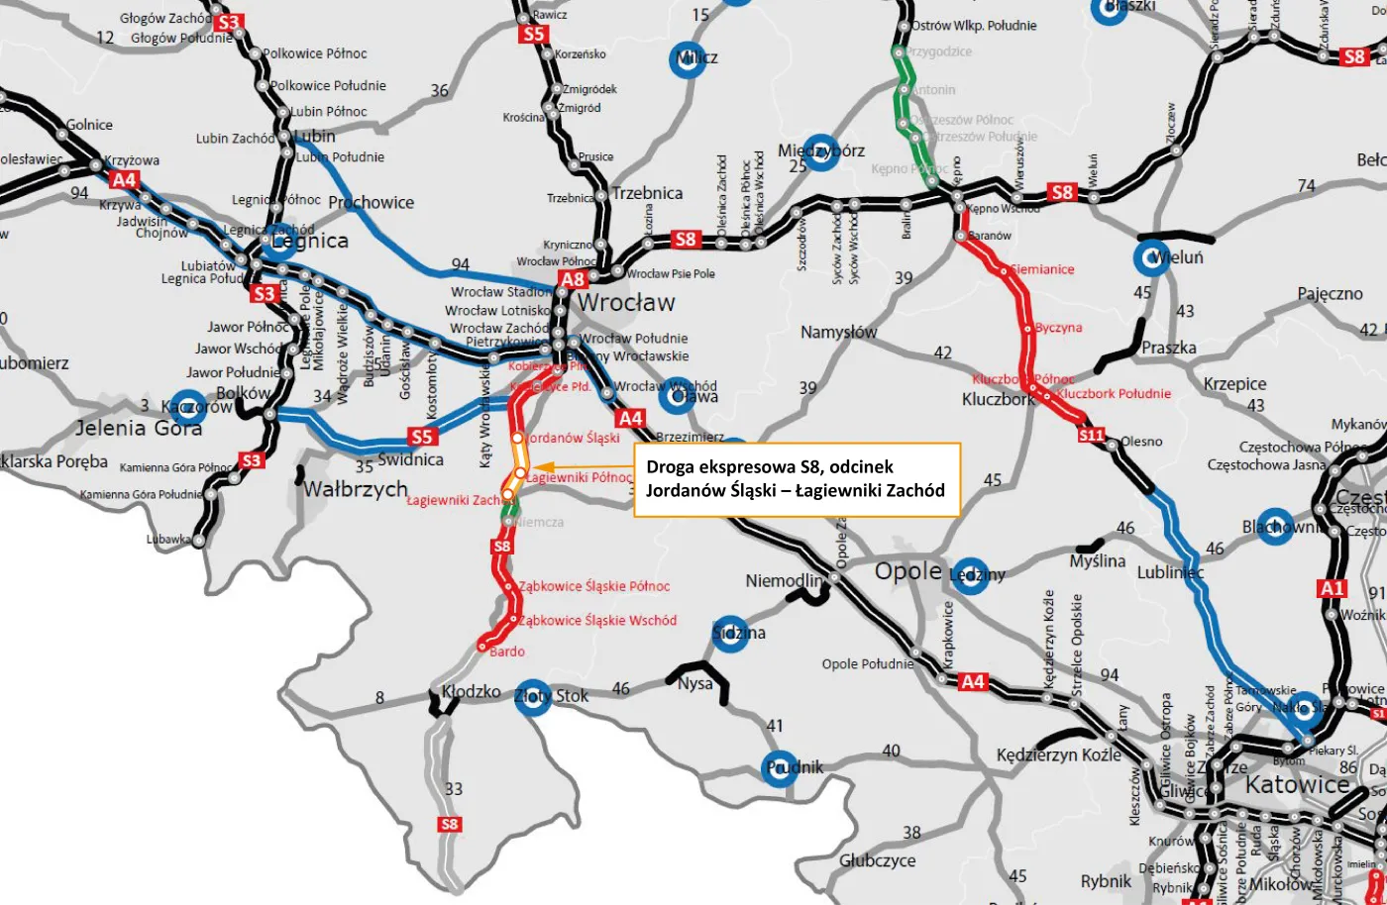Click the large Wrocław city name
[x=625, y=303]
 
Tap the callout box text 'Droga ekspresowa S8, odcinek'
[x=769, y=466]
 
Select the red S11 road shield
[x=1091, y=435]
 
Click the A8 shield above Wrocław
[x=573, y=279]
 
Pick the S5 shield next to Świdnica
[x=422, y=437]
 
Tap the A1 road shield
[x=1333, y=588]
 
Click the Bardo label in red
[x=507, y=652]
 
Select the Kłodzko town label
[x=472, y=691]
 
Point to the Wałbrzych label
[x=356, y=489]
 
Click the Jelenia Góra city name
[x=139, y=428]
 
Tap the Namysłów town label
[x=838, y=333]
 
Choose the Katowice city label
[x=1297, y=785]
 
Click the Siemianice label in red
[x=1042, y=269]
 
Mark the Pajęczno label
[x=1331, y=294]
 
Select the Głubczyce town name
[x=878, y=860]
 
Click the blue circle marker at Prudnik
[x=780, y=768]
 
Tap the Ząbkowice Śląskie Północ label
[x=594, y=586]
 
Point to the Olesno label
[x=1141, y=442]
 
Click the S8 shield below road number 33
[x=450, y=824]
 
